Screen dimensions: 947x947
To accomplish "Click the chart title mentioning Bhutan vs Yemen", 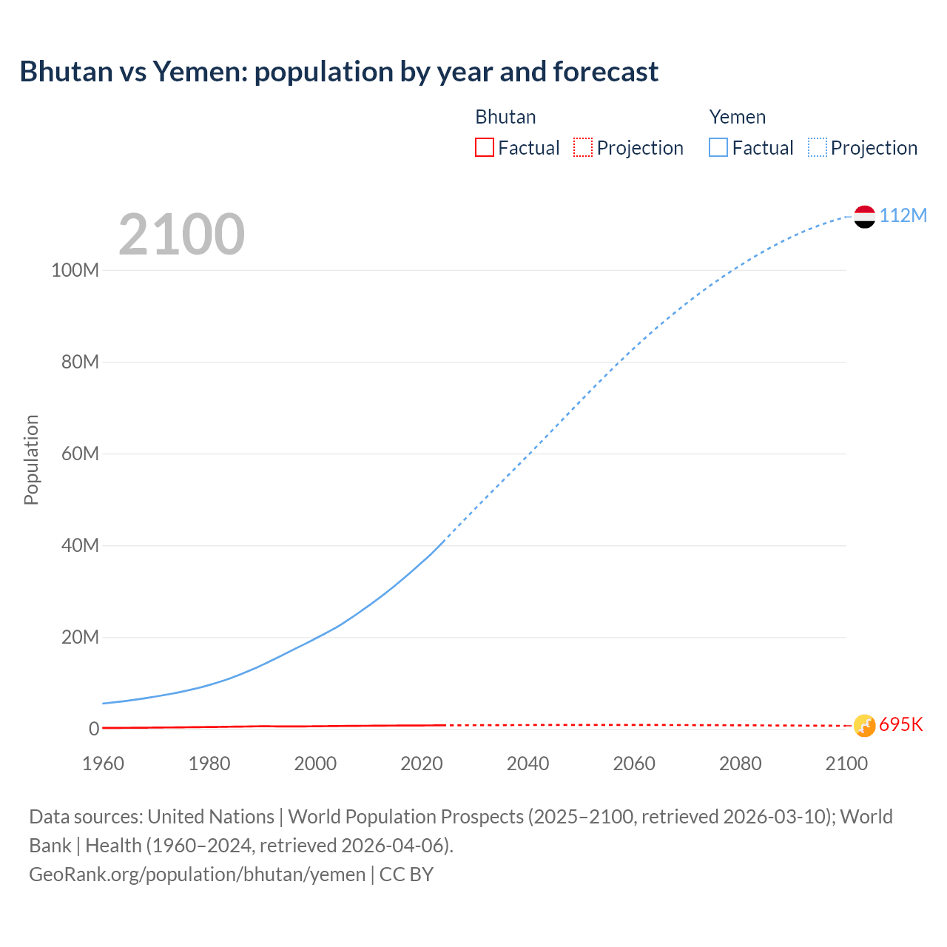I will click(339, 72).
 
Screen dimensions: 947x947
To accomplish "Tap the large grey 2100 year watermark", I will click(181, 235).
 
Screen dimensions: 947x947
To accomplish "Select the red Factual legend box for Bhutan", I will click(485, 147).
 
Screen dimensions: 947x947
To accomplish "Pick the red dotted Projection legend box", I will click(583, 147).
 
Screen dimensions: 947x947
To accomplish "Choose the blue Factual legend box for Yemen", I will click(718, 147).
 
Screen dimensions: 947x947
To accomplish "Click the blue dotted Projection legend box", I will click(818, 147).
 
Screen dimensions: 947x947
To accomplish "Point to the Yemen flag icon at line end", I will click(864, 216).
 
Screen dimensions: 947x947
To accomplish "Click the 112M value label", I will click(903, 215).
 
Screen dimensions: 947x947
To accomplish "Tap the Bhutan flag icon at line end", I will click(864, 726).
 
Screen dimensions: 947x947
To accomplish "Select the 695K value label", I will click(900, 724).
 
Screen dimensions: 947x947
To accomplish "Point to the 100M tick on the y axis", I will click(75, 270).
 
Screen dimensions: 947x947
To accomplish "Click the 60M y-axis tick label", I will click(80, 454).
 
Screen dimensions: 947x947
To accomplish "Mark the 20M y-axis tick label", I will click(80, 637).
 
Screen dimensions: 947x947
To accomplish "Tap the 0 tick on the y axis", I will click(94, 729).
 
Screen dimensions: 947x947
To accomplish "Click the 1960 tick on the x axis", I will click(103, 764).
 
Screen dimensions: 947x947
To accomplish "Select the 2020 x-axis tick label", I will click(421, 764).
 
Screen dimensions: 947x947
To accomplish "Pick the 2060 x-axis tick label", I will click(634, 764).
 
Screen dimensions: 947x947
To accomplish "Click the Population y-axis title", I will click(31, 459).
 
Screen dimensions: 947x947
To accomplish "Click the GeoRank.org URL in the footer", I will click(198, 874).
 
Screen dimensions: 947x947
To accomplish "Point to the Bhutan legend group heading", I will click(505, 117).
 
